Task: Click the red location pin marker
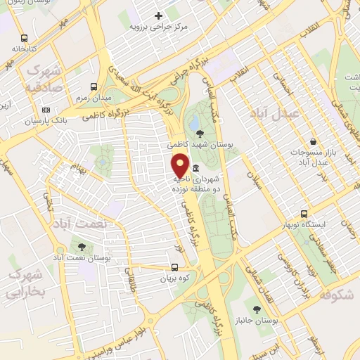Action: (180, 165)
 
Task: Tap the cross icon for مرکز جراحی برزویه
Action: (158, 15)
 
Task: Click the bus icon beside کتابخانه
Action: (25, 39)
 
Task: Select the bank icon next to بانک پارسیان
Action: (46, 110)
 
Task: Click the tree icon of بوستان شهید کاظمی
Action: (200, 133)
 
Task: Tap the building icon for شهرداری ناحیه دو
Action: (195, 169)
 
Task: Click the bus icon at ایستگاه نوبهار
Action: (304, 214)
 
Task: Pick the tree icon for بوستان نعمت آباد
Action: (82, 247)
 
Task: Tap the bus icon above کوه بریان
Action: (175, 267)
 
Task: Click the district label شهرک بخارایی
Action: (27, 282)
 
